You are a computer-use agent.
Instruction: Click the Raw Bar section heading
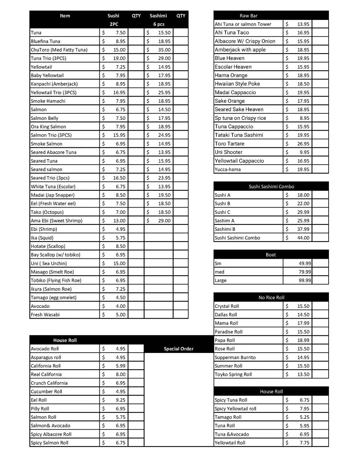248,16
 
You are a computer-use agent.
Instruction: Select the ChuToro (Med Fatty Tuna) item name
59,50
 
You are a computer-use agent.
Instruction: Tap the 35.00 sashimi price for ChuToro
164,50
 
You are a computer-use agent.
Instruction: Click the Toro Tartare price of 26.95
303,144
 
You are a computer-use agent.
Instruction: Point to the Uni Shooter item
229,152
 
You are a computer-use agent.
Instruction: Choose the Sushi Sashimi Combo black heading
271,187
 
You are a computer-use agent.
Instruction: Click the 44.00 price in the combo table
303,238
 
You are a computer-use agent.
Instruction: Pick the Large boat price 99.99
304,281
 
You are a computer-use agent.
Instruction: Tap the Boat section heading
271,255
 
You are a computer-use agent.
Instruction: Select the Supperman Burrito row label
235,358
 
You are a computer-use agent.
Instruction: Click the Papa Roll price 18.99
303,340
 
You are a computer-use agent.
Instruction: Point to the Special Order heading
179,349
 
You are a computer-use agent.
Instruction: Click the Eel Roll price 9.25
121,400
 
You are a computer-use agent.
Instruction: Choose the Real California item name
46,375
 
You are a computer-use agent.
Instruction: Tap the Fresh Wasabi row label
45,315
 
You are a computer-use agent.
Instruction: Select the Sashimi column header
158,16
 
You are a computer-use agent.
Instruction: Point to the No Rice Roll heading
271,298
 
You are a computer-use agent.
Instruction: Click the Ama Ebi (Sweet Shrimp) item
57,221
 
